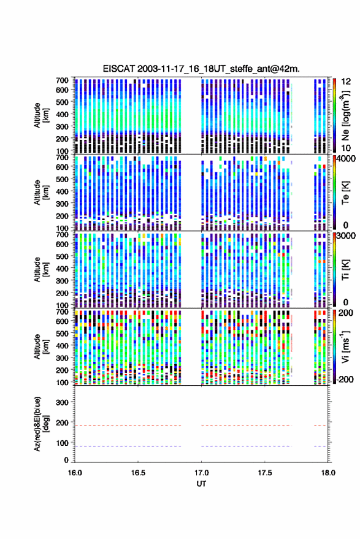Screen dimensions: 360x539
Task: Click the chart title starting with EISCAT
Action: click(201, 69)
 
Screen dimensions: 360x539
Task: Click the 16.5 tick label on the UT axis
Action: click(138, 473)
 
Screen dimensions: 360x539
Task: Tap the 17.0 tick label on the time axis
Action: click(201, 473)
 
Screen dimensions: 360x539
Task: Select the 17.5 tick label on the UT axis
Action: click(264, 473)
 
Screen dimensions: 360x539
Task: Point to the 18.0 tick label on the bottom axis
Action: click(328, 473)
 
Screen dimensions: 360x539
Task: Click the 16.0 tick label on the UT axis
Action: click(75, 473)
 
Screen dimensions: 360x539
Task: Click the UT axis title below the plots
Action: click(201, 484)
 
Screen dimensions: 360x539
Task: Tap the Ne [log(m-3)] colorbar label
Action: click(345, 115)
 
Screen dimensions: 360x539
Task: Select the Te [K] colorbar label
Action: click(345, 193)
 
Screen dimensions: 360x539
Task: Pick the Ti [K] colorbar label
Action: click(345, 270)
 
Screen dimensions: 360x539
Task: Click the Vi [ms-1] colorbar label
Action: click(345, 346)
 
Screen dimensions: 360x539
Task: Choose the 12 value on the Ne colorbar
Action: click(347, 82)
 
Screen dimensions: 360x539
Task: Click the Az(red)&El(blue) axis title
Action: click(41, 424)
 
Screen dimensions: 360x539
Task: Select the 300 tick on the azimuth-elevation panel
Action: click(62, 402)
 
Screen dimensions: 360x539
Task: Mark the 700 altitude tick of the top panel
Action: click(62, 80)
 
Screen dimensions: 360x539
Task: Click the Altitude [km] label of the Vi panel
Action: click(41, 346)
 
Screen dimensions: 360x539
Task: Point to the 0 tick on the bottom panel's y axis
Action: click(66, 460)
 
